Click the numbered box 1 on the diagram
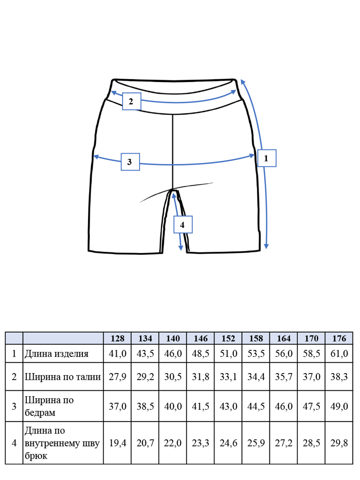tap(267, 158)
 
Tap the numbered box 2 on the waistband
tap(131, 101)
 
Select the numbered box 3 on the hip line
tap(130, 162)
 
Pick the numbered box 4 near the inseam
tap(183, 224)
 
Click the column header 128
tap(117, 338)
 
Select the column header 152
tap(228, 338)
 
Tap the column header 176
tap(339, 338)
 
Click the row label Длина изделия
tap(56, 354)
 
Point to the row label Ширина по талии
tap(62, 377)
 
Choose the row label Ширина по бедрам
tap(49, 406)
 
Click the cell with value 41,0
tap(118, 354)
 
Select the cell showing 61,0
tap(339, 354)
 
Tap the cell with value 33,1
tap(228, 377)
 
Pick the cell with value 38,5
tap(145, 406)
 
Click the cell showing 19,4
tap(118, 443)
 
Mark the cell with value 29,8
tap(339, 443)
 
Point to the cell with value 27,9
tap(118, 377)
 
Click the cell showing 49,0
tap(339, 406)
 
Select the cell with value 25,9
tap(256, 443)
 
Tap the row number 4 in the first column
tap(14, 443)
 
